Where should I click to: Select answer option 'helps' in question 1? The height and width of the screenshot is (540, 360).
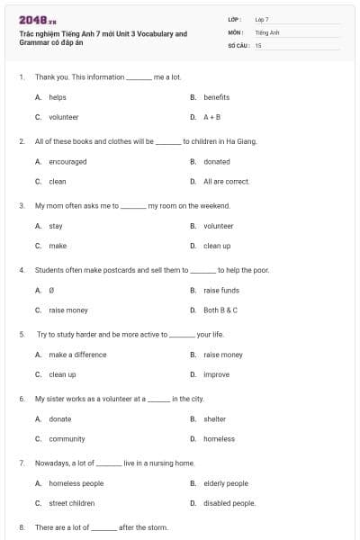[x=57, y=97]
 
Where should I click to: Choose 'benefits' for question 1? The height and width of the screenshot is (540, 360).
[x=216, y=97]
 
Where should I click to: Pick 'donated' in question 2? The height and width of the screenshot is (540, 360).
[x=216, y=162]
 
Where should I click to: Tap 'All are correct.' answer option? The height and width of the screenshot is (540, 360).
[x=226, y=181]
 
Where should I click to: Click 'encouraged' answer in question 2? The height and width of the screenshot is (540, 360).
[x=67, y=162]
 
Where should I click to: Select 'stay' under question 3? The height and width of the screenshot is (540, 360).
[x=56, y=226]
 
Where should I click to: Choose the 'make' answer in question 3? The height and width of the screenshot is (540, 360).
[x=58, y=246]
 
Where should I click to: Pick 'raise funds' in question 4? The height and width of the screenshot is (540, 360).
[x=221, y=291]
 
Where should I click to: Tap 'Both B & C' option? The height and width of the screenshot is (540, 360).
[x=220, y=310]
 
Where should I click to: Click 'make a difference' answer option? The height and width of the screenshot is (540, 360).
[x=77, y=355]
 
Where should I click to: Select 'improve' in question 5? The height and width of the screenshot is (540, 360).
[x=216, y=374]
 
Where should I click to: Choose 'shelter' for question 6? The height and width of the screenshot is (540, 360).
[x=214, y=419]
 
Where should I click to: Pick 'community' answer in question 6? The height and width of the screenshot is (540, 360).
[x=67, y=439]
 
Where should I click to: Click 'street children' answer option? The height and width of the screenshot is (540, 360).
[x=72, y=503]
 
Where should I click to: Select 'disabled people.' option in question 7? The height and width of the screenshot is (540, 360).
[x=229, y=503]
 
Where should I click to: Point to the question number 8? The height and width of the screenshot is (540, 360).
[x=21, y=526]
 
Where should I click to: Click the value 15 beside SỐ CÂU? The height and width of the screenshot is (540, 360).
[x=258, y=44]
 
